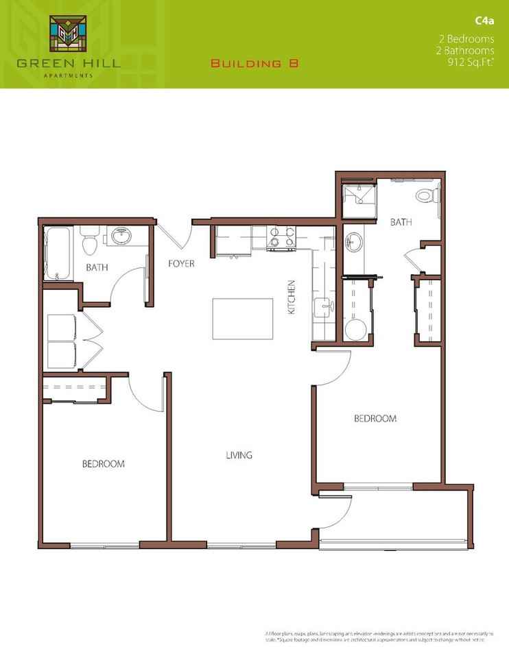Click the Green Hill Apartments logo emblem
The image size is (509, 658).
pyautogui.click(x=67, y=35)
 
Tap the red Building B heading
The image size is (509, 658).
pyautogui.click(x=254, y=64)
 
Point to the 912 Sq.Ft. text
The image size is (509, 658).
pyautogui.click(x=471, y=62)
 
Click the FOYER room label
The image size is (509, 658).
pyautogui.click(x=182, y=263)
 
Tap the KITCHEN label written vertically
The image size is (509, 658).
pyautogui.click(x=291, y=297)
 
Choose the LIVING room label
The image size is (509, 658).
pyautogui.click(x=239, y=454)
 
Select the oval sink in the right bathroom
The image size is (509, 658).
pyautogui.click(x=354, y=241)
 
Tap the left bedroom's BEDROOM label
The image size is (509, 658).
pyautogui.click(x=103, y=464)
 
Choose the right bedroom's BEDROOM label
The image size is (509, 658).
pyautogui.click(x=375, y=418)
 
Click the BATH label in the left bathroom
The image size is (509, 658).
pyautogui.click(x=95, y=267)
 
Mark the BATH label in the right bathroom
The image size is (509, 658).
pyautogui.click(x=400, y=222)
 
